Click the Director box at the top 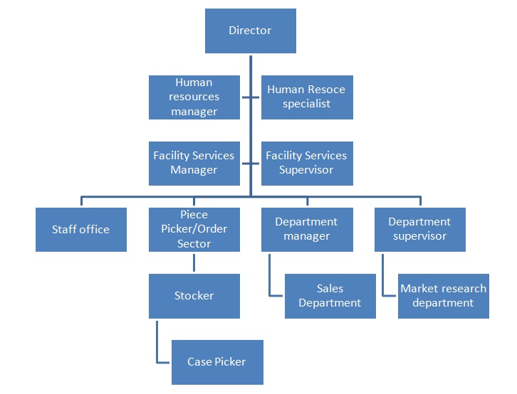[250, 31]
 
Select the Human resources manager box [194, 97]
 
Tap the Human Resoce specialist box [306, 97]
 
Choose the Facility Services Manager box [194, 163]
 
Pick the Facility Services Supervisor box [306, 163]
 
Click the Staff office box [80, 229]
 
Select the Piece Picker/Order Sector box [194, 229]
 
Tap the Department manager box [306, 229]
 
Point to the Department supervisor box [419, 229]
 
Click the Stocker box [194, 295]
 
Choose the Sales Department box [330, 295]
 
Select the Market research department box [443, 295]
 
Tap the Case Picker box [216, 361]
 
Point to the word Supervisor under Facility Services [306, 170]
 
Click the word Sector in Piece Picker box [194, 243]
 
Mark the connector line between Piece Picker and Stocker [194, 262]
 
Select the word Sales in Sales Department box [330, 289]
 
